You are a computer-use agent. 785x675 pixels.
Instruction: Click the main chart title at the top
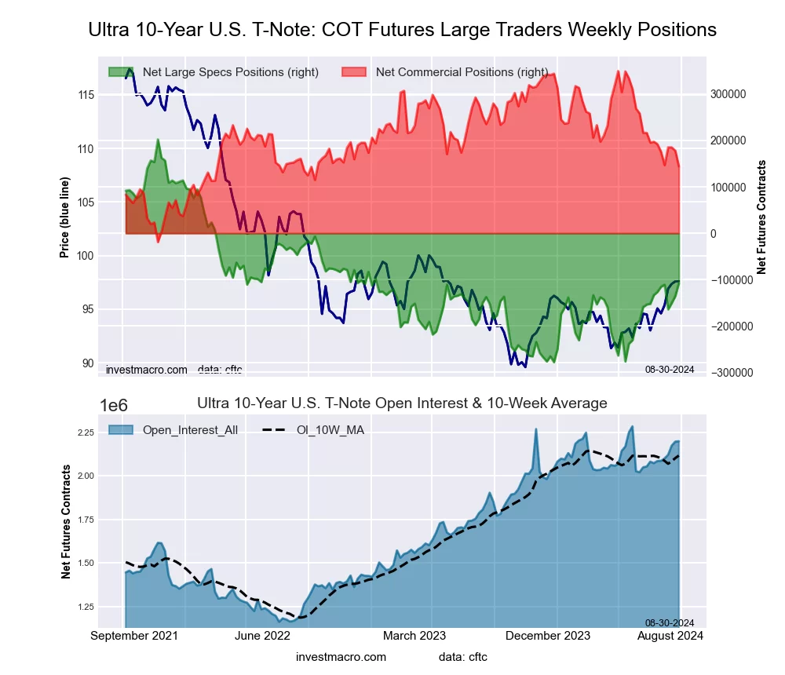point(402,30)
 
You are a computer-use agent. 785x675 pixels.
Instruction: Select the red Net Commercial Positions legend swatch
point(354,72)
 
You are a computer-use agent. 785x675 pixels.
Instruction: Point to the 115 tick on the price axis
point(86,95)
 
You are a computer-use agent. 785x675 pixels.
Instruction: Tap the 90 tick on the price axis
point(88,363)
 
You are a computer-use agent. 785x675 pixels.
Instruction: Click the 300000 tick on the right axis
point(728,94)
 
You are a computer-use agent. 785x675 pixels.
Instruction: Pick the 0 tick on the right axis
point(714,234)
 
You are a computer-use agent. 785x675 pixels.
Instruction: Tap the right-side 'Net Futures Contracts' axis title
point(761,217)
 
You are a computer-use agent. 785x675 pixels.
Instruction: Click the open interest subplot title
point(402,403)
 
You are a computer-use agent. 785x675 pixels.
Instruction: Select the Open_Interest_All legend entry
point(190,429)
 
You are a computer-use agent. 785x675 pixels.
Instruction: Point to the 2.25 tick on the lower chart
point(85,432)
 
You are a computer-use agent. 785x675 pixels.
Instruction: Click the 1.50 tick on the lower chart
point(85,564)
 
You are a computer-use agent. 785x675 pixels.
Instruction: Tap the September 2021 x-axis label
point(133,636)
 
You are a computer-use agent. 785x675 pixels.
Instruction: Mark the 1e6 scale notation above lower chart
point(115,405)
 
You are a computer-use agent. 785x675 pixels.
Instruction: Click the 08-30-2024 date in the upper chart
point(670,369)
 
